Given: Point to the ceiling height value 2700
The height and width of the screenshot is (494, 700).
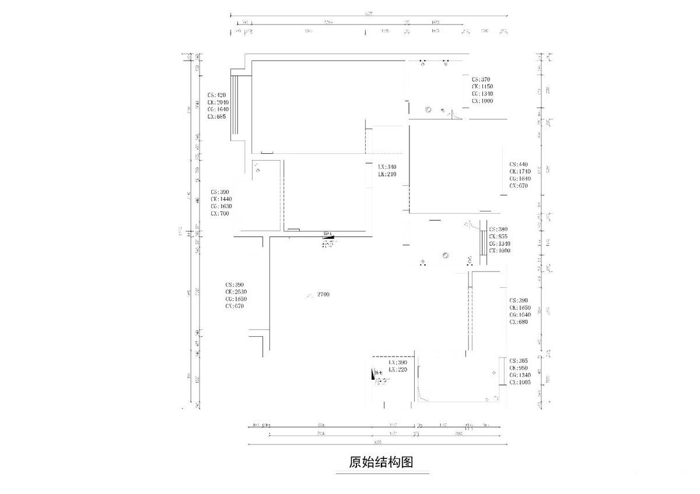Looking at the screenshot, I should pyautogui.click(x=323, y=295).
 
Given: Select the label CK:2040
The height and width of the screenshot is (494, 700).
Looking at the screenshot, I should pyautogui.click(x=218, y=102).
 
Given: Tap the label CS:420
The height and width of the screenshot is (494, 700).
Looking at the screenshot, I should pyautogui.click(x=216, y=94).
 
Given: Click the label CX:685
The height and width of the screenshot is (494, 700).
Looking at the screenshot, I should pyautogui.click(x=216, y=117).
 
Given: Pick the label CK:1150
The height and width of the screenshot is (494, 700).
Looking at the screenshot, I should pyautogui.click(x=482, y=86).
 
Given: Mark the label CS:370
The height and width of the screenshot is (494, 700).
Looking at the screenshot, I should pyautogui.click(x=481, y=79).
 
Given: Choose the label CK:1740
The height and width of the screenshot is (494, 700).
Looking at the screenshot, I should pyautogui.click(x=519, y=172).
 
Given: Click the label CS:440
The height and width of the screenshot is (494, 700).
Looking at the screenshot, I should pyautogui.click(x=518, y=164).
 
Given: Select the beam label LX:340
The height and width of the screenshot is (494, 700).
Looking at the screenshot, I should pyautogui.click(x=387, y=167).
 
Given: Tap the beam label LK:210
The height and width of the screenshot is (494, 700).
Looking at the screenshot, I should pyautogui.click(x=387, y=174).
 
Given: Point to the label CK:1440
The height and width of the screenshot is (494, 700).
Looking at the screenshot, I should pyautogui.click(x=222, y=199).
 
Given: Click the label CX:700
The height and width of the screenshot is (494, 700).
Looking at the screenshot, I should pyautogui.click(x=220, y=214).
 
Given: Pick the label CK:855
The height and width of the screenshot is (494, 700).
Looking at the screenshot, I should pyautogui.click(x=498, y=237).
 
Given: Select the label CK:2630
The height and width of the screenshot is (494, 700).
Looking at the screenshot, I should pyautogui.click(x=236, y=292).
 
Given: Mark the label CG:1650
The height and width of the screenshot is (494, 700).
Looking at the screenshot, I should pyautogui.click(x=236, y=299).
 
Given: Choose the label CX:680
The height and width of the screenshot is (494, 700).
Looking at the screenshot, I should pyautogui.click(x=518, y=322).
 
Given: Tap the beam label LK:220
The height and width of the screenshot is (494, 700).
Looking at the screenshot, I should pyautogui.click(x=397, y=369).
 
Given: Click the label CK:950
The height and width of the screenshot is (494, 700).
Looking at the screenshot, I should pyautogui.click(x=518, y=368).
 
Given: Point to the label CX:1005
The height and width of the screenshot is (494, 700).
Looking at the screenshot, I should pyautogui.click(x=520, y=383).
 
